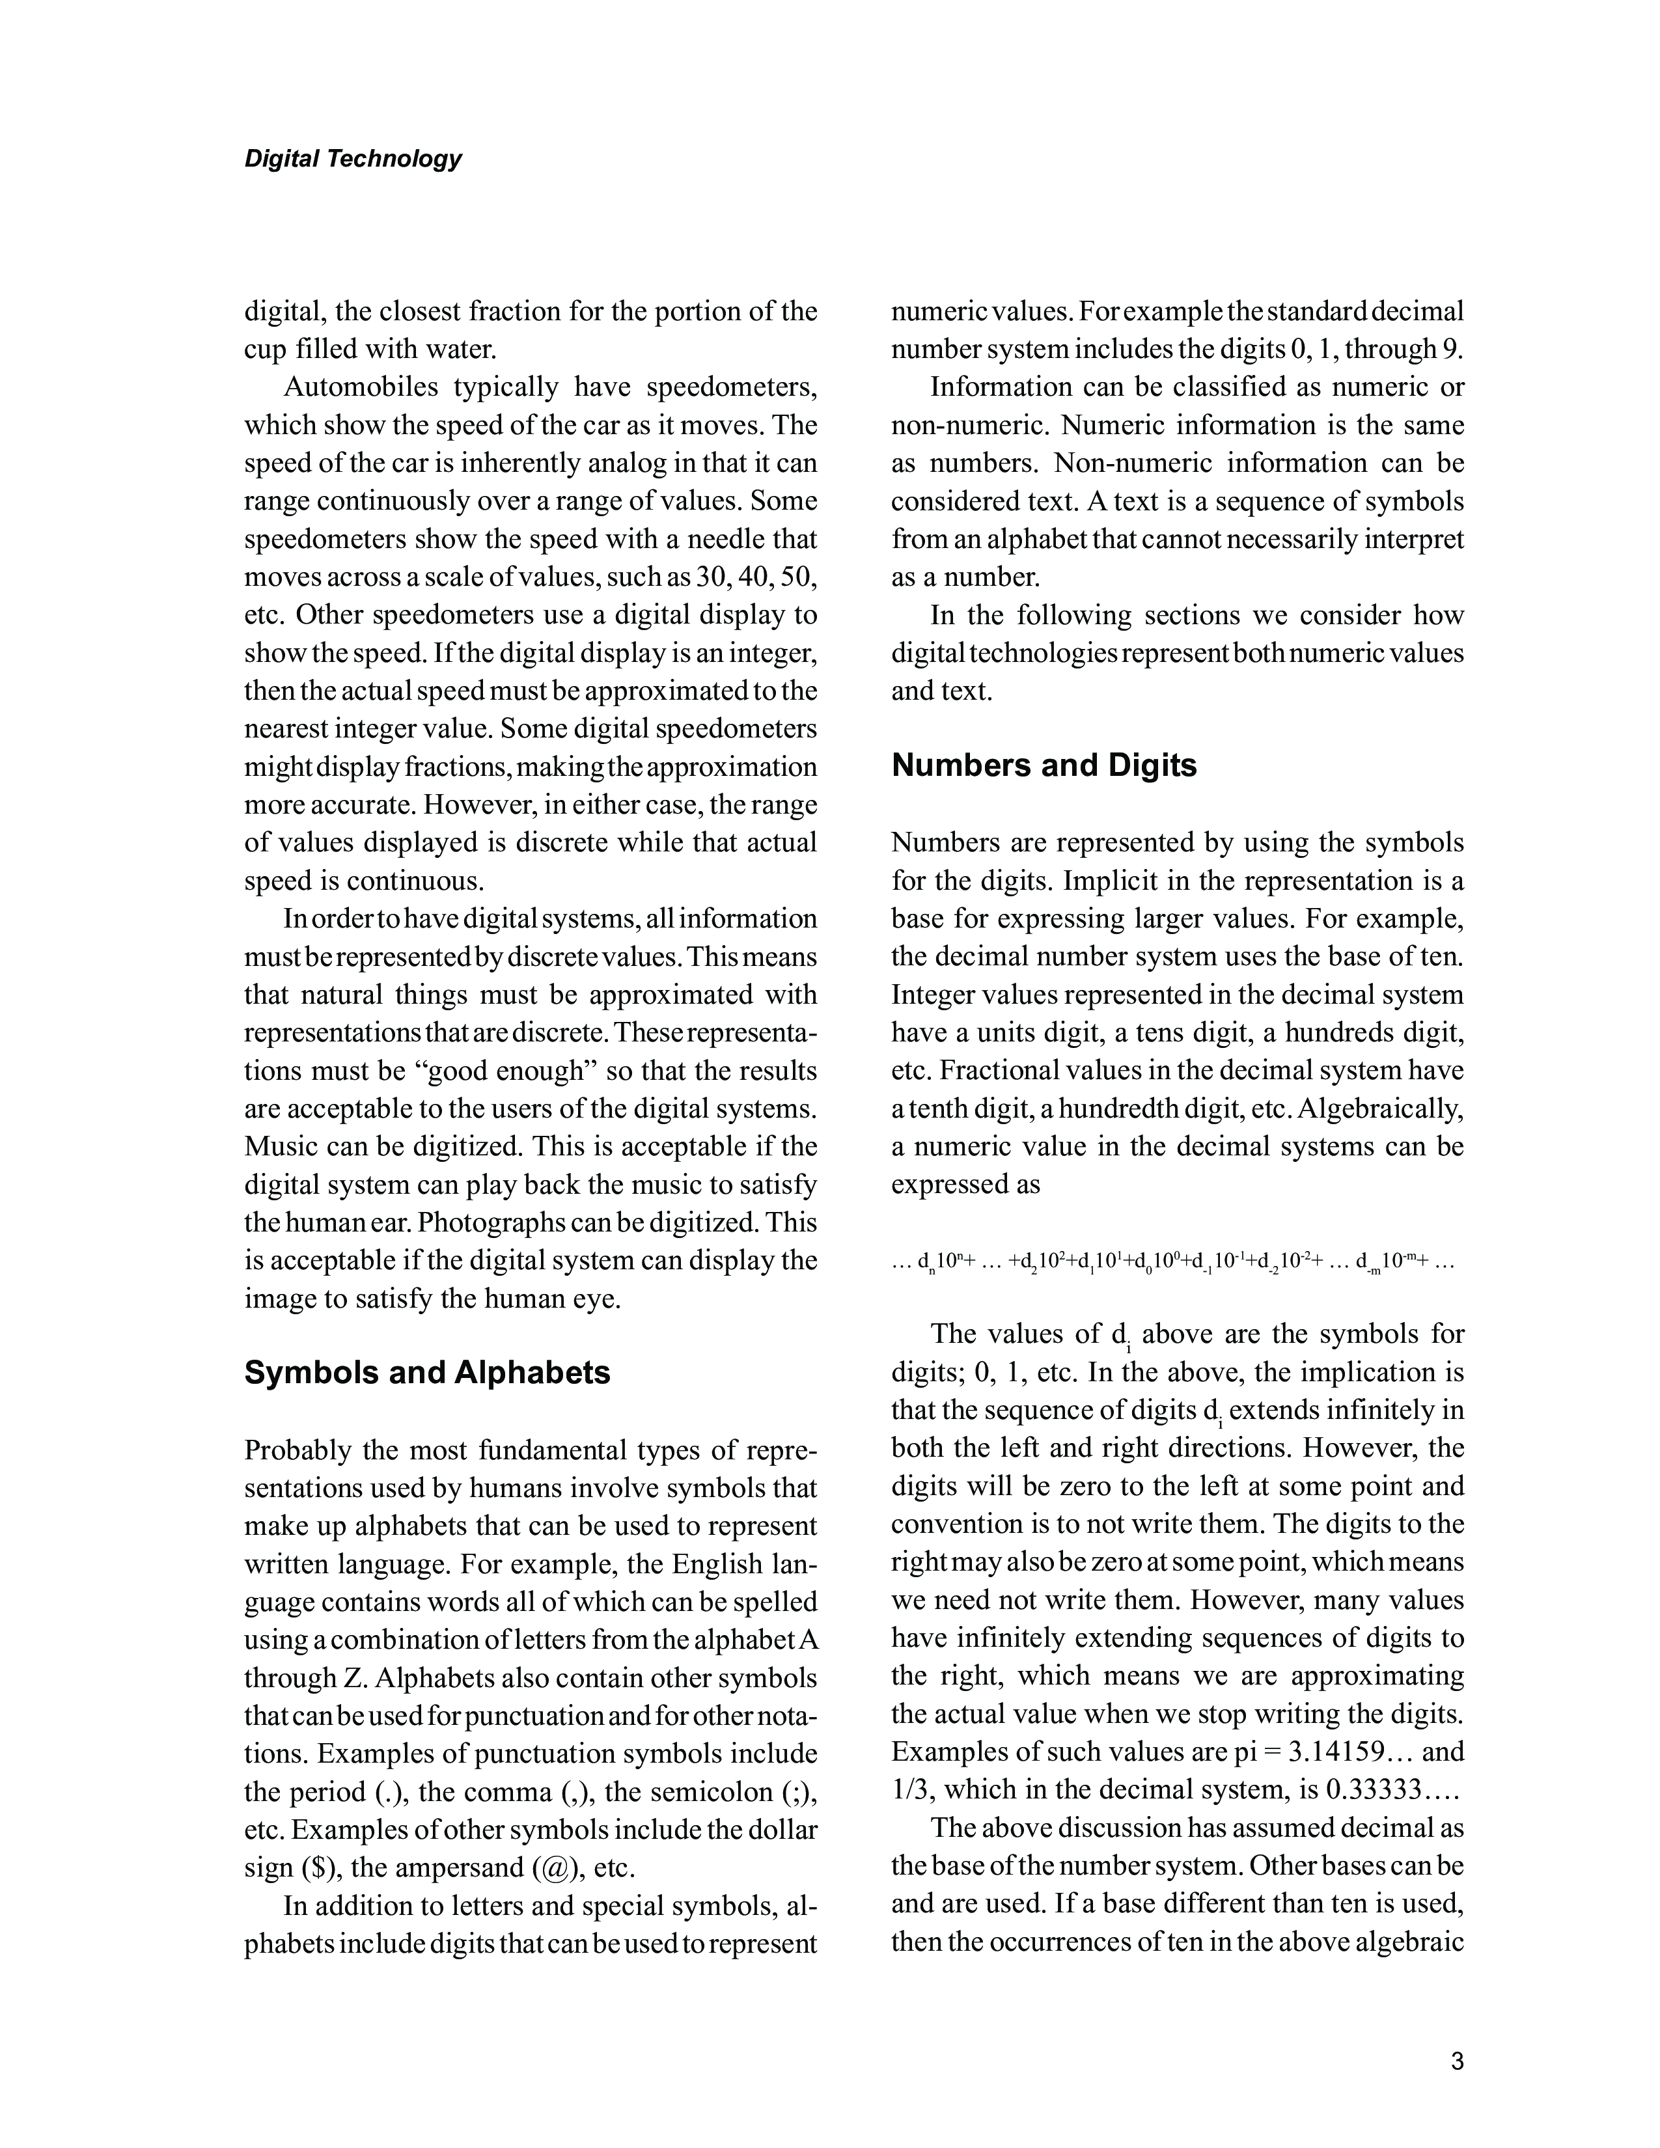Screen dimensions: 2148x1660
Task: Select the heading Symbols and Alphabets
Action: [x=427, y=1372]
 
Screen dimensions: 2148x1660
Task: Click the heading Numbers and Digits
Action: [x=1044, y=765]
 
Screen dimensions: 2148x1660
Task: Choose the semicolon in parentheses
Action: [x=797, y=1792]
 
